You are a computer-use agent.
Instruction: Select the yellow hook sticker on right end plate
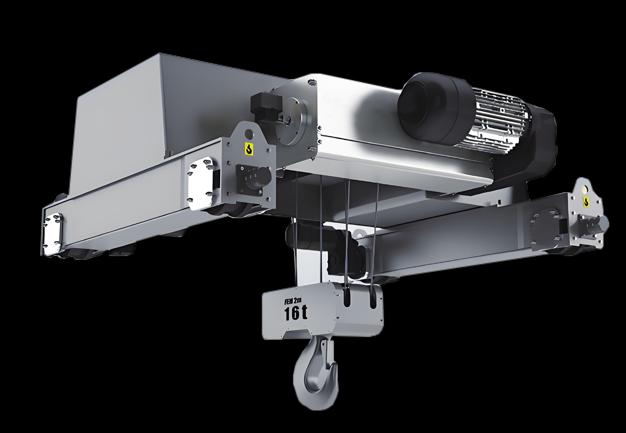point(586,201)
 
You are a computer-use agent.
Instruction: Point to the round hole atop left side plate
point(249,133)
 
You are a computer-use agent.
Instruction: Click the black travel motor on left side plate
point(256,178)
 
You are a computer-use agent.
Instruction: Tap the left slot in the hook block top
point(347,298)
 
